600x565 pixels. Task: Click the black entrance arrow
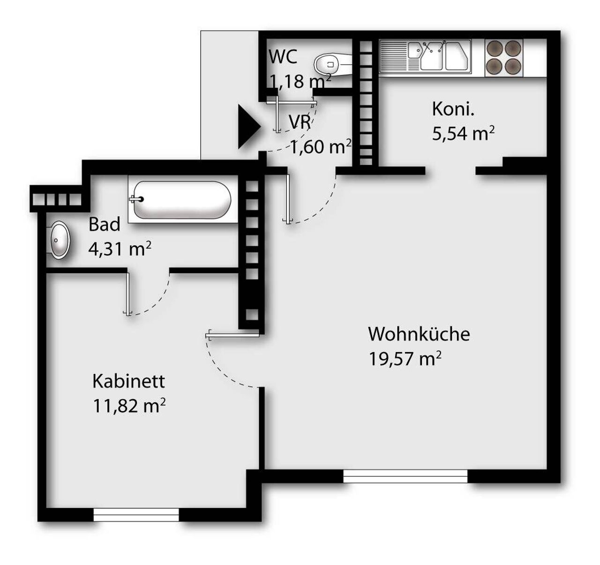point(247,127)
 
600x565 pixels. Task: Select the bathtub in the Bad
point(182,200)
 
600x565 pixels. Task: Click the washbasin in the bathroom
point(59,240)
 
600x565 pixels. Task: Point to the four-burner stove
point(503,57)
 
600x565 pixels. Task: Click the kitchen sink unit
point(425,57)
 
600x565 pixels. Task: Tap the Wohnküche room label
point(419,334)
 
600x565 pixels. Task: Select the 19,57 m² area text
point(405,359)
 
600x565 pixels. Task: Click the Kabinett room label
point(129,381)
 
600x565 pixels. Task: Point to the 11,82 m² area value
point(129,406)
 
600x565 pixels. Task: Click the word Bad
point(104,224)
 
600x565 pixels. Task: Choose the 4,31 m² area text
point(120,249)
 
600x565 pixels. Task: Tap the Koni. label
point(453,109)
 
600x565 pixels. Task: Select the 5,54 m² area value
point(464,133)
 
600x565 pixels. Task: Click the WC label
point(283,57)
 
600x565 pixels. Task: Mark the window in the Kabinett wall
point(136,514)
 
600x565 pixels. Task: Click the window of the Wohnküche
point(405,476)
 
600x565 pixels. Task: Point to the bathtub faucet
point(136,199)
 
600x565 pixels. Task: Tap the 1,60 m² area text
point(321,147)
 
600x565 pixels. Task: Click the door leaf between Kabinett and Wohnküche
point(232,335)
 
